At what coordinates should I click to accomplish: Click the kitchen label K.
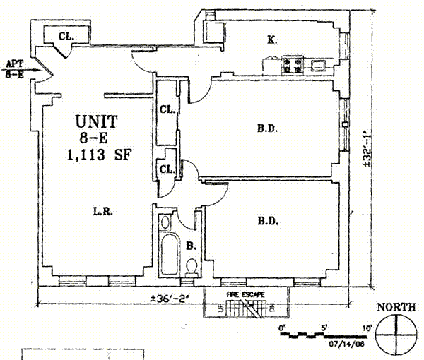pos(272,40)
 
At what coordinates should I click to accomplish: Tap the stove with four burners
pos(293,65)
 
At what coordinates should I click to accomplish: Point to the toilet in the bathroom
pos(192,268)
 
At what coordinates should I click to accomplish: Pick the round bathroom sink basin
pos(165,222)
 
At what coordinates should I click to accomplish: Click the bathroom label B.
pos(191,246)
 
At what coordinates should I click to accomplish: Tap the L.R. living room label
pos(103,211)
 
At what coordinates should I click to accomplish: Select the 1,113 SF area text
pos(100,155)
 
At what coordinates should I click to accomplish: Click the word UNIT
pos(97,122)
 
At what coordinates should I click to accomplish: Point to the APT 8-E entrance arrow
pos(23,70)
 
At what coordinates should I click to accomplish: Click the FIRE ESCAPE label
pos(245,294)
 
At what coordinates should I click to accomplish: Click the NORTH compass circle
pos(396,335)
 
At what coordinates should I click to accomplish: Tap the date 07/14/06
pos(346,344)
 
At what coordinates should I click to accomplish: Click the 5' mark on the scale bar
pos(324,328)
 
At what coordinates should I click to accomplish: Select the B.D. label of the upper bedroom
pos(267,128)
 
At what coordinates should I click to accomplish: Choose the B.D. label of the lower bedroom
pos(268,221)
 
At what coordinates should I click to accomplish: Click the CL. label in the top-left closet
pos(66,36)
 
